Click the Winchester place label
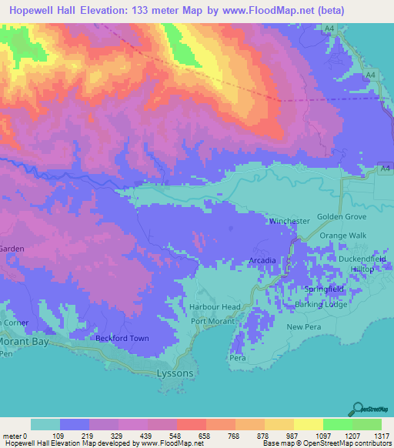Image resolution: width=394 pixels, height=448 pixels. (x=288, y=221)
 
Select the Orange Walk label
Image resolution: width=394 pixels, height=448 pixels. (x=343, y=235)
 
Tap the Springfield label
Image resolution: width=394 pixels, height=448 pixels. (x=322, y=289)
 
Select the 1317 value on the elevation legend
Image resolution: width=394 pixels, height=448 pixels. (x=381, y=436)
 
